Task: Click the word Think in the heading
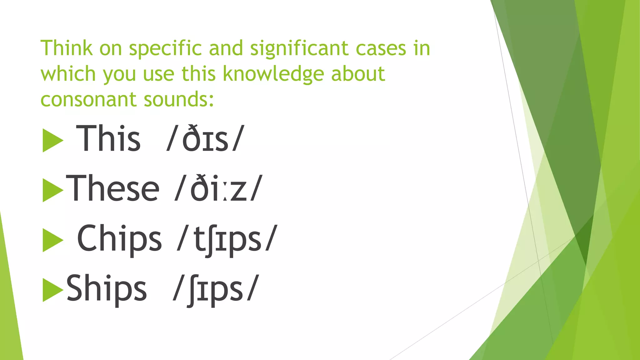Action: tap(67, 48)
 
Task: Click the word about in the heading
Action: tap(358, 74)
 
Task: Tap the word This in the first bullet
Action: tap(108, 138)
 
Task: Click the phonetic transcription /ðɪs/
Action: tap(205, 138)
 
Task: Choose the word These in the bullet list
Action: tap(112, 188)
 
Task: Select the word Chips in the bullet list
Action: tap(119, 238)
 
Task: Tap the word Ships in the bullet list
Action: tap(106, 288)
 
